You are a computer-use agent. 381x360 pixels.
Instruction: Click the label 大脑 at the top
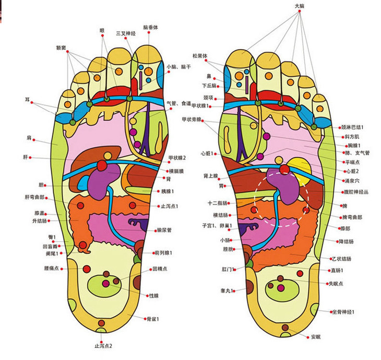[x=300, y=6]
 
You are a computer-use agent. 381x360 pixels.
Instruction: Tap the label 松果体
[x=199, y=55]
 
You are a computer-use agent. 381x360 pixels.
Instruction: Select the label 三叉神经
[x=126, y=33]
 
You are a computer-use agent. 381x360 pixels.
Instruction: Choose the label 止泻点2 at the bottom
[x=103, y=345]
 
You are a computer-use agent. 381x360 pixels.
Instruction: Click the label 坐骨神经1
[x=344, y=312]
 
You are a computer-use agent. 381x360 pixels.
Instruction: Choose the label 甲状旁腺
[x=191, y=119]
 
